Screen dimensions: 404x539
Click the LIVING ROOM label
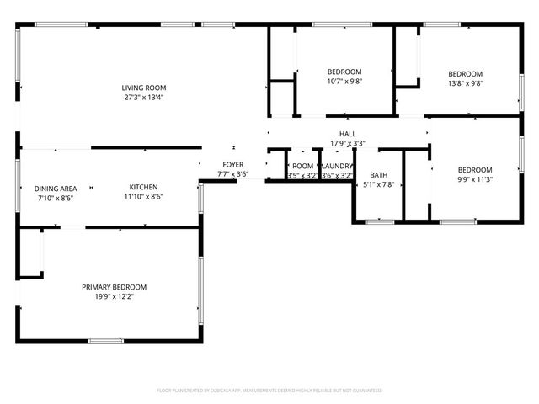[x=143, y=88]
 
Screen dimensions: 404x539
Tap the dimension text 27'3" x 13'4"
[x=143, y=97]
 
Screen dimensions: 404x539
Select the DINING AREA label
[x=56, y=188]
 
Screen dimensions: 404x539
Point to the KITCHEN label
[x=143, y=187]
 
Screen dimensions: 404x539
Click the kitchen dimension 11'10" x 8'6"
[x=143, y=197]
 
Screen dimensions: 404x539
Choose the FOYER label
[x=233, y=164]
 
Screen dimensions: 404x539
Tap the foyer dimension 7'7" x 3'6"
[x=233, y=174]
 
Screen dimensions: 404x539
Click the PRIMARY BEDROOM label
[x=114, y=287]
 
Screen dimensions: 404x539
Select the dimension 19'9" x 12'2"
[x=114, y=296]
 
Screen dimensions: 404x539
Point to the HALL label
[x=347, y=134]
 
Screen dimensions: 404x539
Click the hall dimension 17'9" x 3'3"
[x=347, y=143]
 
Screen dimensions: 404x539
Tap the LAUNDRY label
[x=336, y=167]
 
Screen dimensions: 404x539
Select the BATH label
[x=378, y=175]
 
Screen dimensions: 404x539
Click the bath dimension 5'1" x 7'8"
[x=378, y=184]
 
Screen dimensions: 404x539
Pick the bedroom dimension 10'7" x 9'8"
[x=344, y=82]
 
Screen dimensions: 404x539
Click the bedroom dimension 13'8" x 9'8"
[x=465, y=83]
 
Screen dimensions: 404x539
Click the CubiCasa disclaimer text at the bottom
[x=269, y=391]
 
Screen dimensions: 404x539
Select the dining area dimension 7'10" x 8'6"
[x=56, y=198]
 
